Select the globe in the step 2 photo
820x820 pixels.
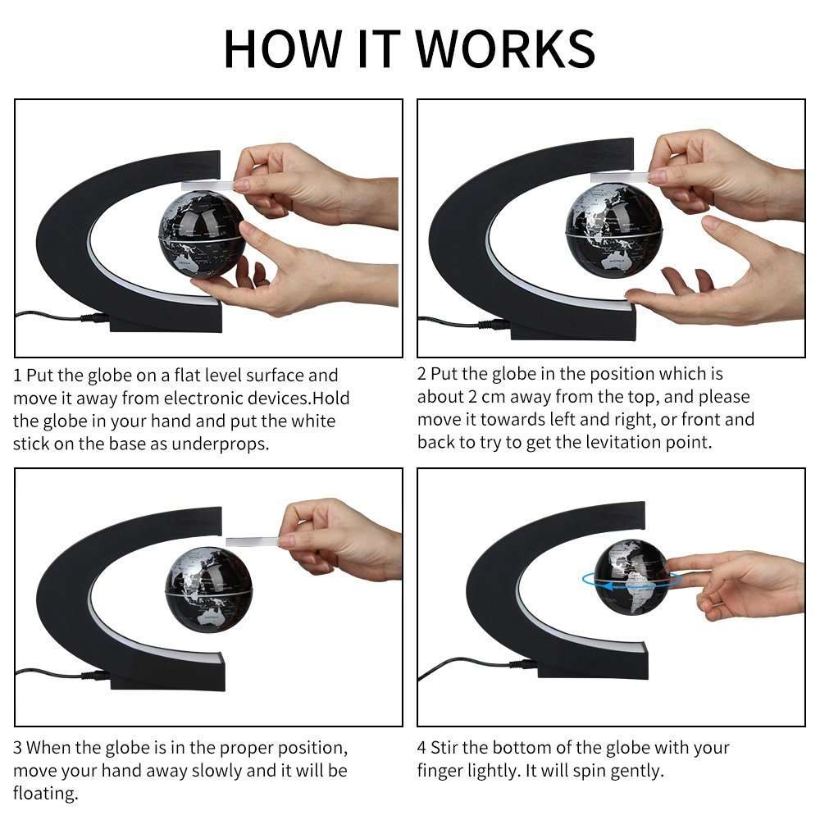[614, 231]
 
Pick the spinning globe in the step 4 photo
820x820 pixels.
[631, 577]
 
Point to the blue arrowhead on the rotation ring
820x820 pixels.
[607, 585]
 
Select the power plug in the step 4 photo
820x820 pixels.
[523, 665]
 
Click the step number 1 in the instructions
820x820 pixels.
[17, 376]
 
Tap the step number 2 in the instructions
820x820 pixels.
[421, 374]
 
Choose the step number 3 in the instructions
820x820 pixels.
[17, 748]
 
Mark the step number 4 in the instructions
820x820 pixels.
[421, 748]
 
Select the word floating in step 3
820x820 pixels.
[45, 794]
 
